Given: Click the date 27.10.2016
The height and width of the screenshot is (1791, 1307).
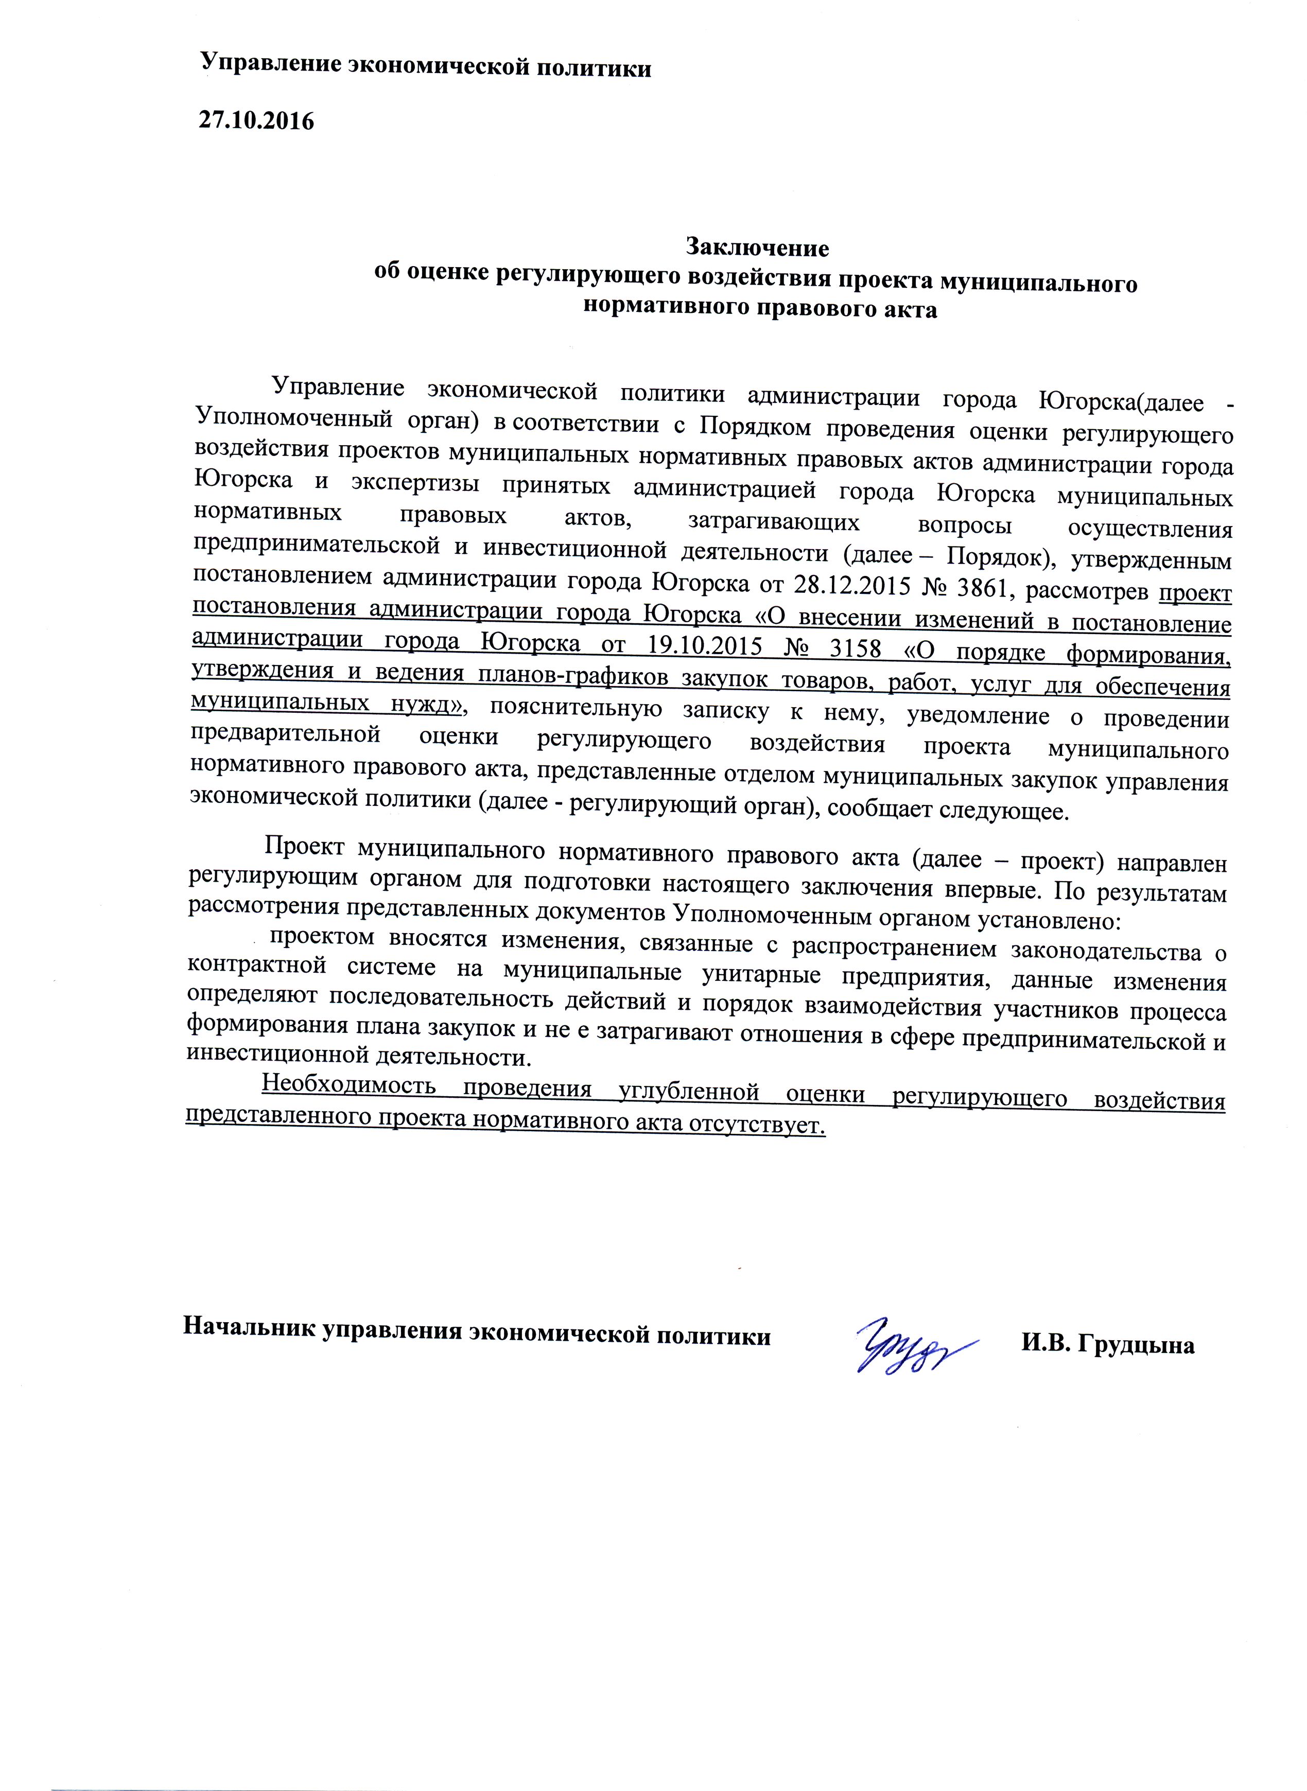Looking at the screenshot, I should tap(255, 121).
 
